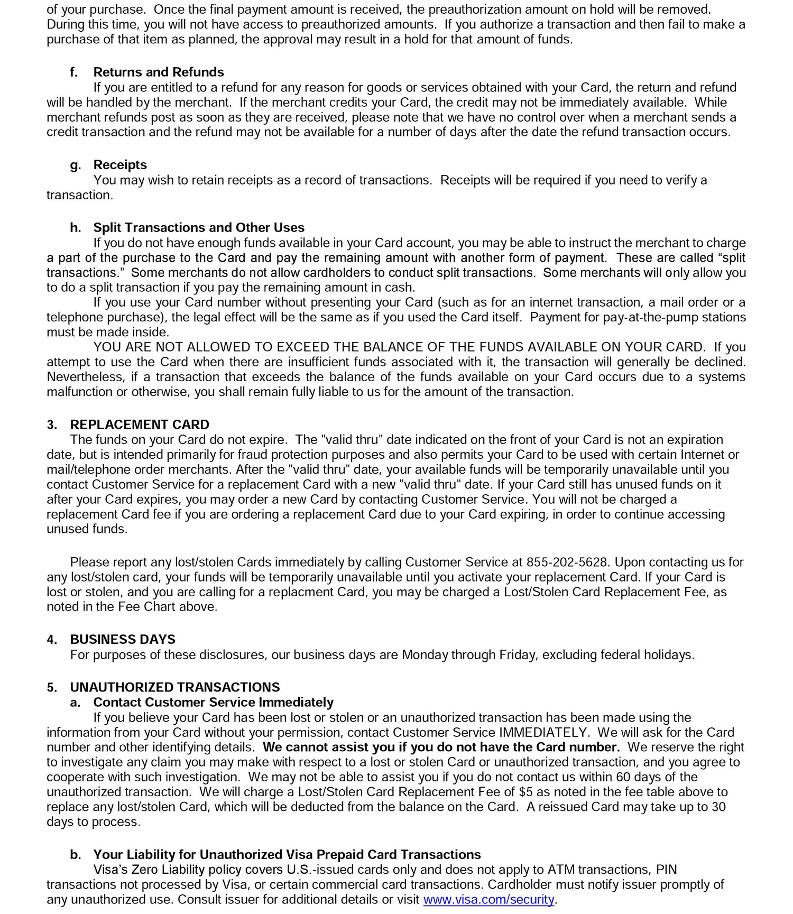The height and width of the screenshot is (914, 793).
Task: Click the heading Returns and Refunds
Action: (159, 72)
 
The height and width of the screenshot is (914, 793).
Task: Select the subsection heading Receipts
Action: (120, 165)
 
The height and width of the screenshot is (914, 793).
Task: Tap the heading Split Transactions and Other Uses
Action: (199, 228)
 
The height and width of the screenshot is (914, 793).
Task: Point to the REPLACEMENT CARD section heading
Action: (140, 425)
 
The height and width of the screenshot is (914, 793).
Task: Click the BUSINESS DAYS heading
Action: (123, 640)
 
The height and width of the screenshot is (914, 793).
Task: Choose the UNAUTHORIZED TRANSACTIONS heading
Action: (175, 687)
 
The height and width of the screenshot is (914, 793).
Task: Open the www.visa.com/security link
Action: (489, 900)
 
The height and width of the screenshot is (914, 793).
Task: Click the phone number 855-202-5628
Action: (567, 562)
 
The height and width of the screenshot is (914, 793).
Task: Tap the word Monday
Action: (423, 655)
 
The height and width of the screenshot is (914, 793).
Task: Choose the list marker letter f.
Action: (73, 72)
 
